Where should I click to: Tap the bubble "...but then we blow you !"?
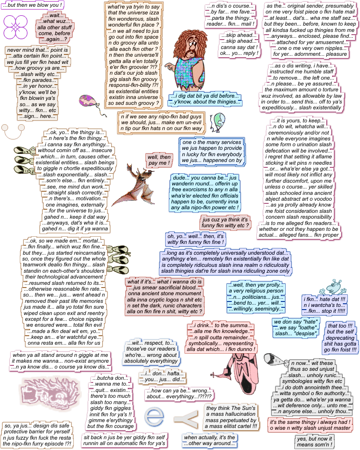[x=32, y=5]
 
